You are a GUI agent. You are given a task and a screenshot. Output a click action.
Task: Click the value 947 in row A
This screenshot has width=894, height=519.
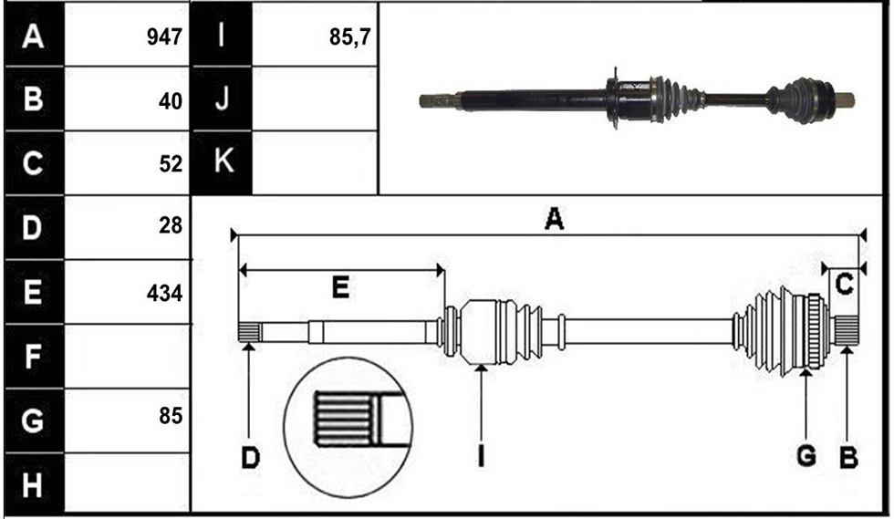pos(164,37)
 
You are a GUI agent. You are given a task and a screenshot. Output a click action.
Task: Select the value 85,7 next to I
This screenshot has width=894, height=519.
pos(350,37)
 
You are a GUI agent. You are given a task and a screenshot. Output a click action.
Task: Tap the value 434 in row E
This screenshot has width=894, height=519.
pos(165,293)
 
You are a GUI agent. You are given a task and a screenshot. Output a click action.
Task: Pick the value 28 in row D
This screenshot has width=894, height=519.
pos(171,226)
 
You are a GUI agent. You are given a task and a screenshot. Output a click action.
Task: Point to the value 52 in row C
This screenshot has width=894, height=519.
pos(171,164)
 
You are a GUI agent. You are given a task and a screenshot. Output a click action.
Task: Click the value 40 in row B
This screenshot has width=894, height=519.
pos(171,101)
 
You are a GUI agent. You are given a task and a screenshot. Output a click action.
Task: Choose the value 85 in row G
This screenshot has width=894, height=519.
pos(171,416)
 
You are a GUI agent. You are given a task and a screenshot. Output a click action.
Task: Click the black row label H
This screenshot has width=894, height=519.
pos(33,485)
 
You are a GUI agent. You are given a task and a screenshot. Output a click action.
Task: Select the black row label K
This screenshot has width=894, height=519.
pos(223,162)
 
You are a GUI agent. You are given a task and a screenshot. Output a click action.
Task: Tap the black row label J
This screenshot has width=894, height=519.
pos(223,99)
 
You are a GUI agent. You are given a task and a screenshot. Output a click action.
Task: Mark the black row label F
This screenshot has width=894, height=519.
pos(33,357)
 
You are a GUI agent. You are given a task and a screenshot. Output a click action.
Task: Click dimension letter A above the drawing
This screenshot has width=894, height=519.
pos(555,219)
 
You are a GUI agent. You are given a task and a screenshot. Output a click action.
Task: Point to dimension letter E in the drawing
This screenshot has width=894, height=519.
pos(340,287)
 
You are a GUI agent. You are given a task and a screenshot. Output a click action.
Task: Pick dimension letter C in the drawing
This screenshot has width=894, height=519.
pos(845,284)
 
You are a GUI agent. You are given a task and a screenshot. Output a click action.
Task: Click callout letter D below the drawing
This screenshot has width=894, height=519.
pos(250,457)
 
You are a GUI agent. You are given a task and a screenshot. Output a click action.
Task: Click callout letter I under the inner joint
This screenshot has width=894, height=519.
pos(482,456)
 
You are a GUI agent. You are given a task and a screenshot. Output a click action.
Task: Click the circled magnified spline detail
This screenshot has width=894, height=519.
pos(348,427)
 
